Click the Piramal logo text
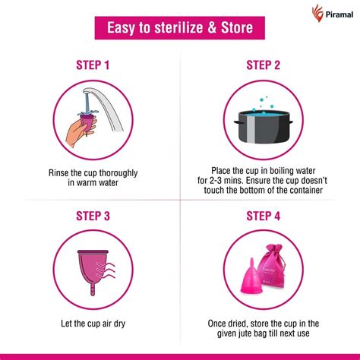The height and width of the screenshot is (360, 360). tap(331, 14)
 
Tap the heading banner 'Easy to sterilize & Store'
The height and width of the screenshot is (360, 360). tap(179, 29)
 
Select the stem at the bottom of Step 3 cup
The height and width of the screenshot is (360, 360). tap(90, 292)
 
